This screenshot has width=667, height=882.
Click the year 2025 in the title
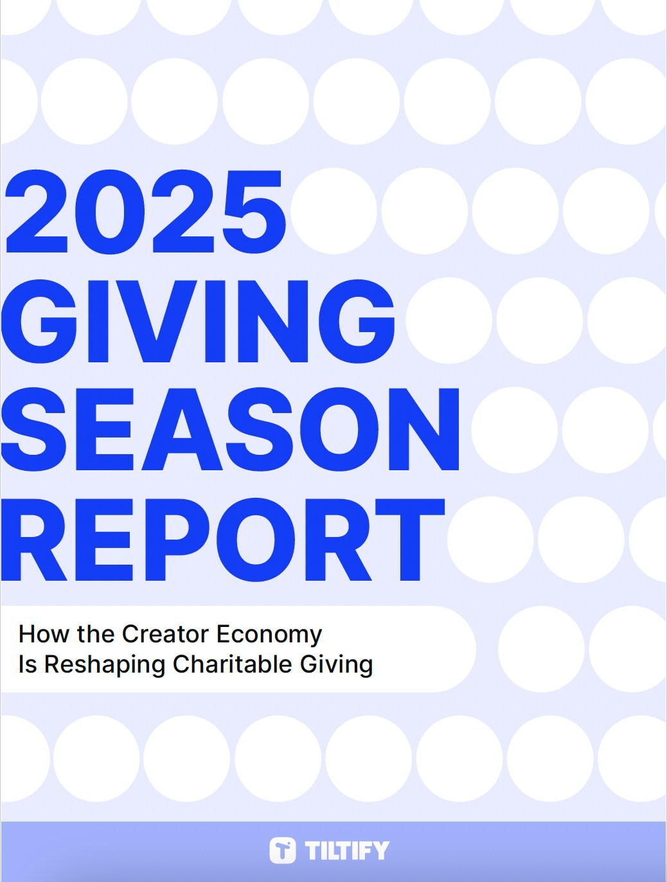tap(145, 212)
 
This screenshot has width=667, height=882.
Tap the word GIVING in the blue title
tap(198, 321)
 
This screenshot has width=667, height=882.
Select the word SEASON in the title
tap(230, 430)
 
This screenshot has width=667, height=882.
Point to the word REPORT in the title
tap(224, 539)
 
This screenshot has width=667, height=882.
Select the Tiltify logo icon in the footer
tap(283, 850)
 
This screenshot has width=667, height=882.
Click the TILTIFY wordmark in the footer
tap(347, 851)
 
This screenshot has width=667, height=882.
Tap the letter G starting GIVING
tap(39, 321)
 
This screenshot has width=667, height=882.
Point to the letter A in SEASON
tap(182, 430)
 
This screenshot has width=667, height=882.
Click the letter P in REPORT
tap(178, 539)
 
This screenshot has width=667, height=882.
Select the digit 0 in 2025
tap(110, 212)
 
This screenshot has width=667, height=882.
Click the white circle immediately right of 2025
tap(334, 211)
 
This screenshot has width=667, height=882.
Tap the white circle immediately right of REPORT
tap(490, 540)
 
